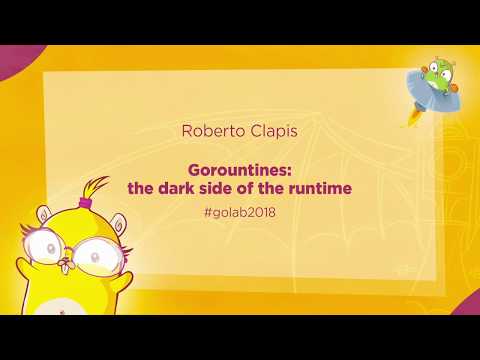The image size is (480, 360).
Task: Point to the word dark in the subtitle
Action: [x=177, y=186]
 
